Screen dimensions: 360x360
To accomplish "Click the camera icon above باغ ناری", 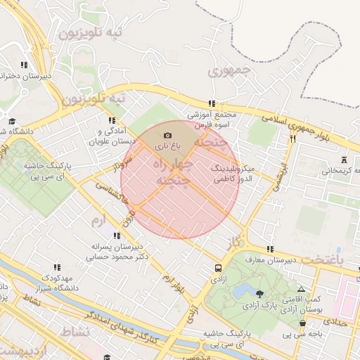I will [x=167, y=135].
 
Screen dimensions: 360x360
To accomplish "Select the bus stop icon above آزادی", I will [x=218, y=268].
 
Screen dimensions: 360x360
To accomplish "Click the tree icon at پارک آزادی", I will [x=261, y=294].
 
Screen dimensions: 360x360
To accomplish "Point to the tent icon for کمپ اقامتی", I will [x=302, y=289].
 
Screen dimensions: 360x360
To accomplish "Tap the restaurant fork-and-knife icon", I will [x=292, y=139].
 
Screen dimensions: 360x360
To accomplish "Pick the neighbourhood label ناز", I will [x=234, y=242].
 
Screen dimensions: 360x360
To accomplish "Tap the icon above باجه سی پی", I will [x=303, y=323].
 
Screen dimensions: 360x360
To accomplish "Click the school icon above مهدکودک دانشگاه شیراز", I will [x=57, y=267].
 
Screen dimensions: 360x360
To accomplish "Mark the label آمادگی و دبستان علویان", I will [x=109, y=136].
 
